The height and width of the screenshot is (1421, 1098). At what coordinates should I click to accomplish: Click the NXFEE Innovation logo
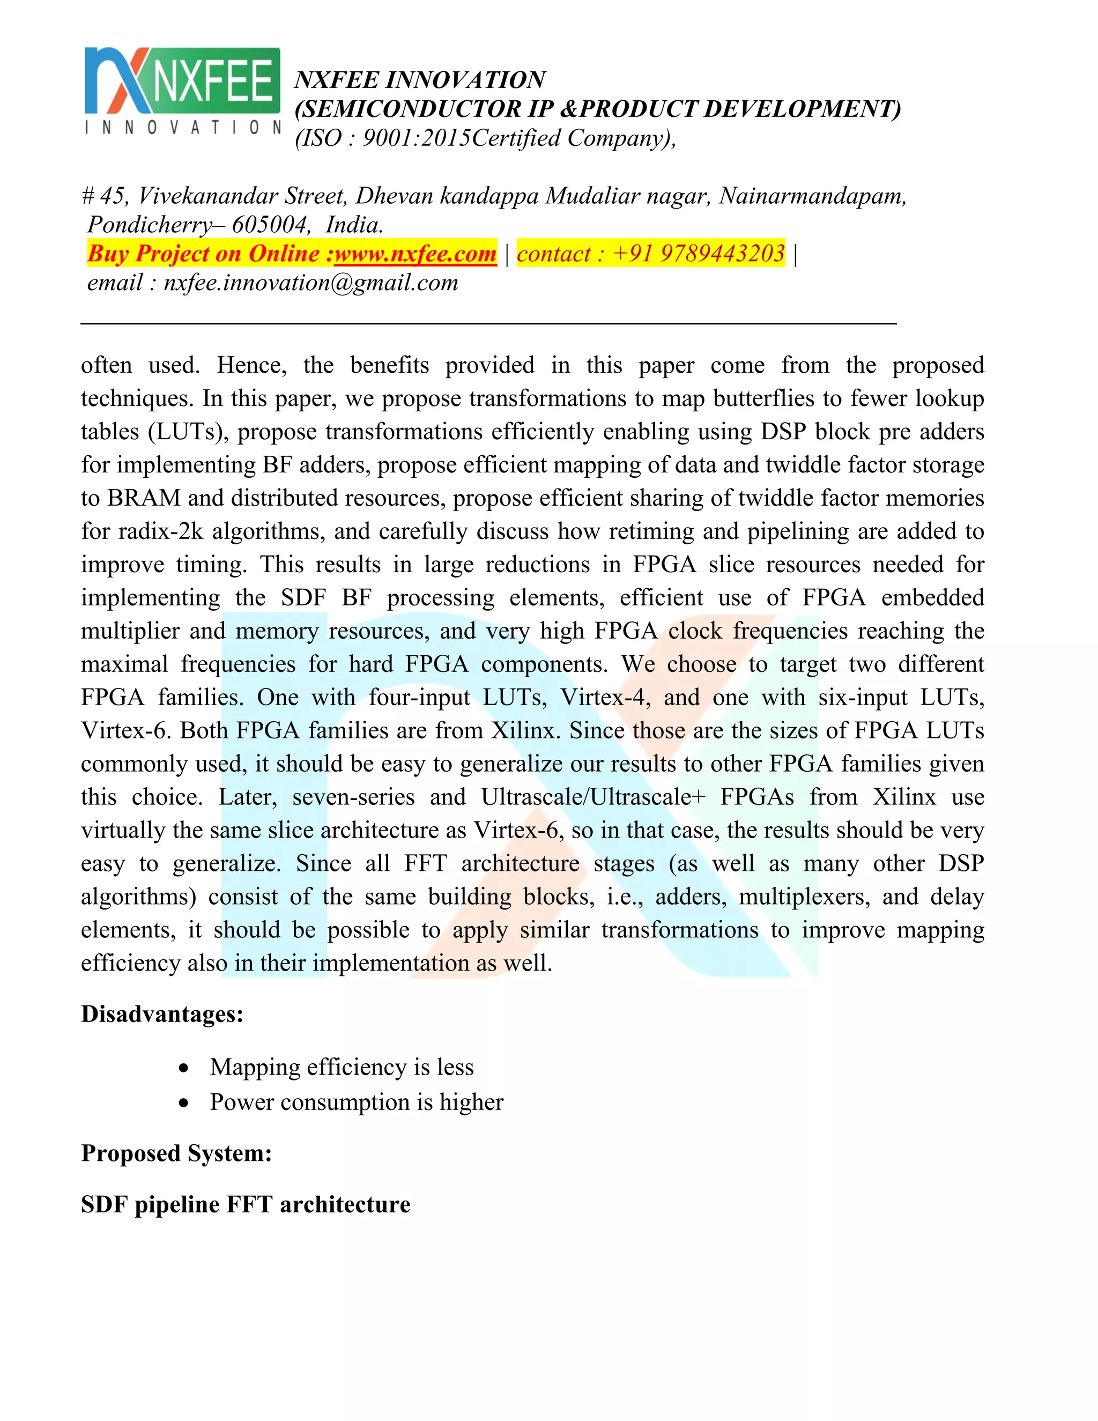pyautogui.click(x=182, y=91)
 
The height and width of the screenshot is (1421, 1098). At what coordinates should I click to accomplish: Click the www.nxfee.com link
pyautogui.click(x=415, y=253)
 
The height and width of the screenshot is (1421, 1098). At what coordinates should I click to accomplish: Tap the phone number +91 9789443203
pyautogui.click(x=699, y=253)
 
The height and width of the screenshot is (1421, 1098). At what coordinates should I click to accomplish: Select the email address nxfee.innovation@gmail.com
pyautogui.click(x=311, y=283)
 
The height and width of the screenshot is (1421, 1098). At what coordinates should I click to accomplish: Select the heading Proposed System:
pyautogui.click(x=176, y=1153)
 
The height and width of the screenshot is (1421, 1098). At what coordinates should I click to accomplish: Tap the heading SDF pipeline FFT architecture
pyautogui.click(x=245, y=1204)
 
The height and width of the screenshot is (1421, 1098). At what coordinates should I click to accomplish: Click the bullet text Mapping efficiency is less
pyautogui.click(x=342, y=1067)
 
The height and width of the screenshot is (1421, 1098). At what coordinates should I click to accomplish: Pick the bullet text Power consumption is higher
pyautogui.click(x=357, y=1102)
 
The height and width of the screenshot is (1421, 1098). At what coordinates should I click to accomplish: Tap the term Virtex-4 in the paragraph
pyautogui.click(x=605, y=697)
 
